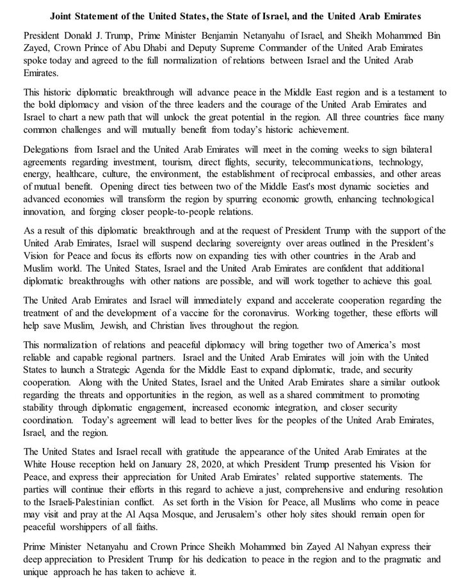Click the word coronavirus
coord(341,313)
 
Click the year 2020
coord(214,464)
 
